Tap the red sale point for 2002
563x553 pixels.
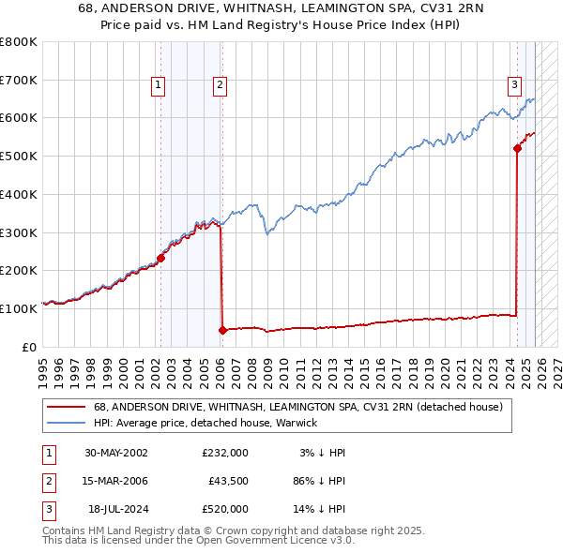[x=160, y=258]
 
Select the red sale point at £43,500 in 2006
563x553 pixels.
[x=222, y=330]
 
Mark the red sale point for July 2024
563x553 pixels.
[x=517, y=148]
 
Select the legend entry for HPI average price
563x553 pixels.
[x=205, y=423]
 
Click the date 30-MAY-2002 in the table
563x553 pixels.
[x=115, y=453]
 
